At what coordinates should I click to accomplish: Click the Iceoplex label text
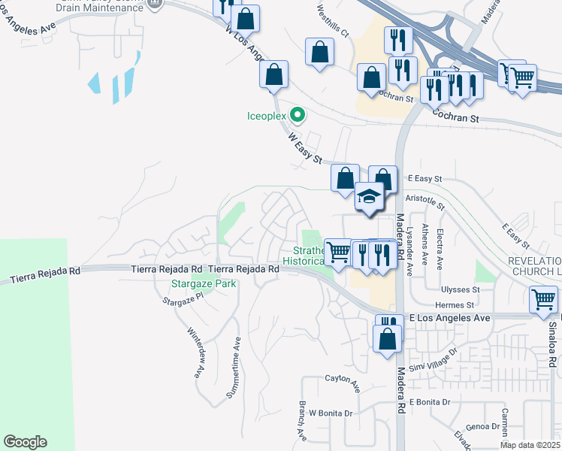pos(267,116)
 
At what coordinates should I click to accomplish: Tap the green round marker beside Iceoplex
pos(298,116)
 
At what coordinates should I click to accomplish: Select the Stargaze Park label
pos(204,283)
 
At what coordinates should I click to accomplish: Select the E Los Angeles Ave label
pos(449,318)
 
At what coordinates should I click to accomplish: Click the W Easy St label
pos(306,149)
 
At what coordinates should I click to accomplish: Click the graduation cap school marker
pos(370,197)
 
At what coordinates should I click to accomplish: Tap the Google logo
pos(25,442)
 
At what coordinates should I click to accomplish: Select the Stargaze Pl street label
pos(183,299)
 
